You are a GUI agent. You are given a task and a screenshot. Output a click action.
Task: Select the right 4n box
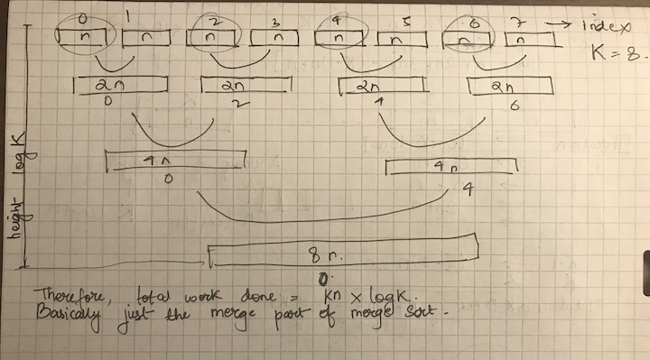(x=450, y=169)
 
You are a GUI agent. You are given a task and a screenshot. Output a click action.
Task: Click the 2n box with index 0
(x=121, y=86)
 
